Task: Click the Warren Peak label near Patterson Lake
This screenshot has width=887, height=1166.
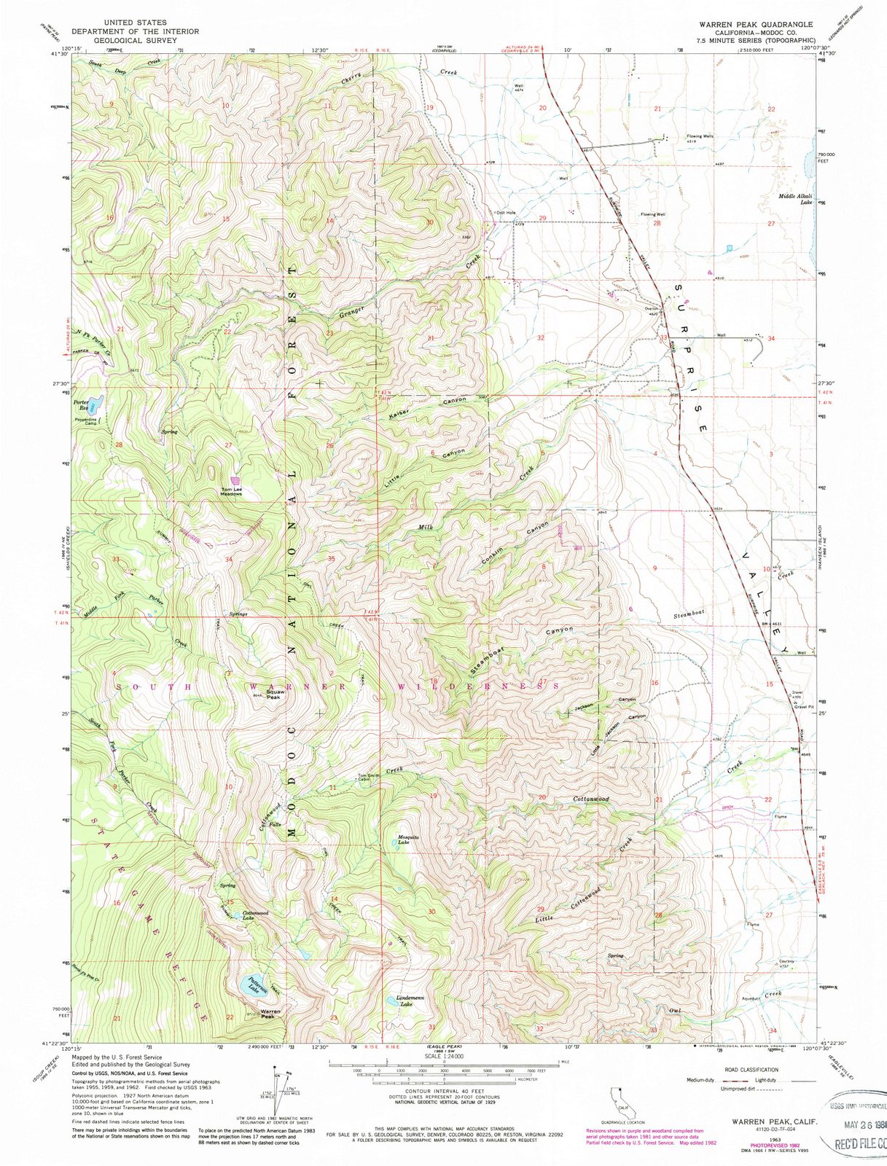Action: [x=270, y=1013]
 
